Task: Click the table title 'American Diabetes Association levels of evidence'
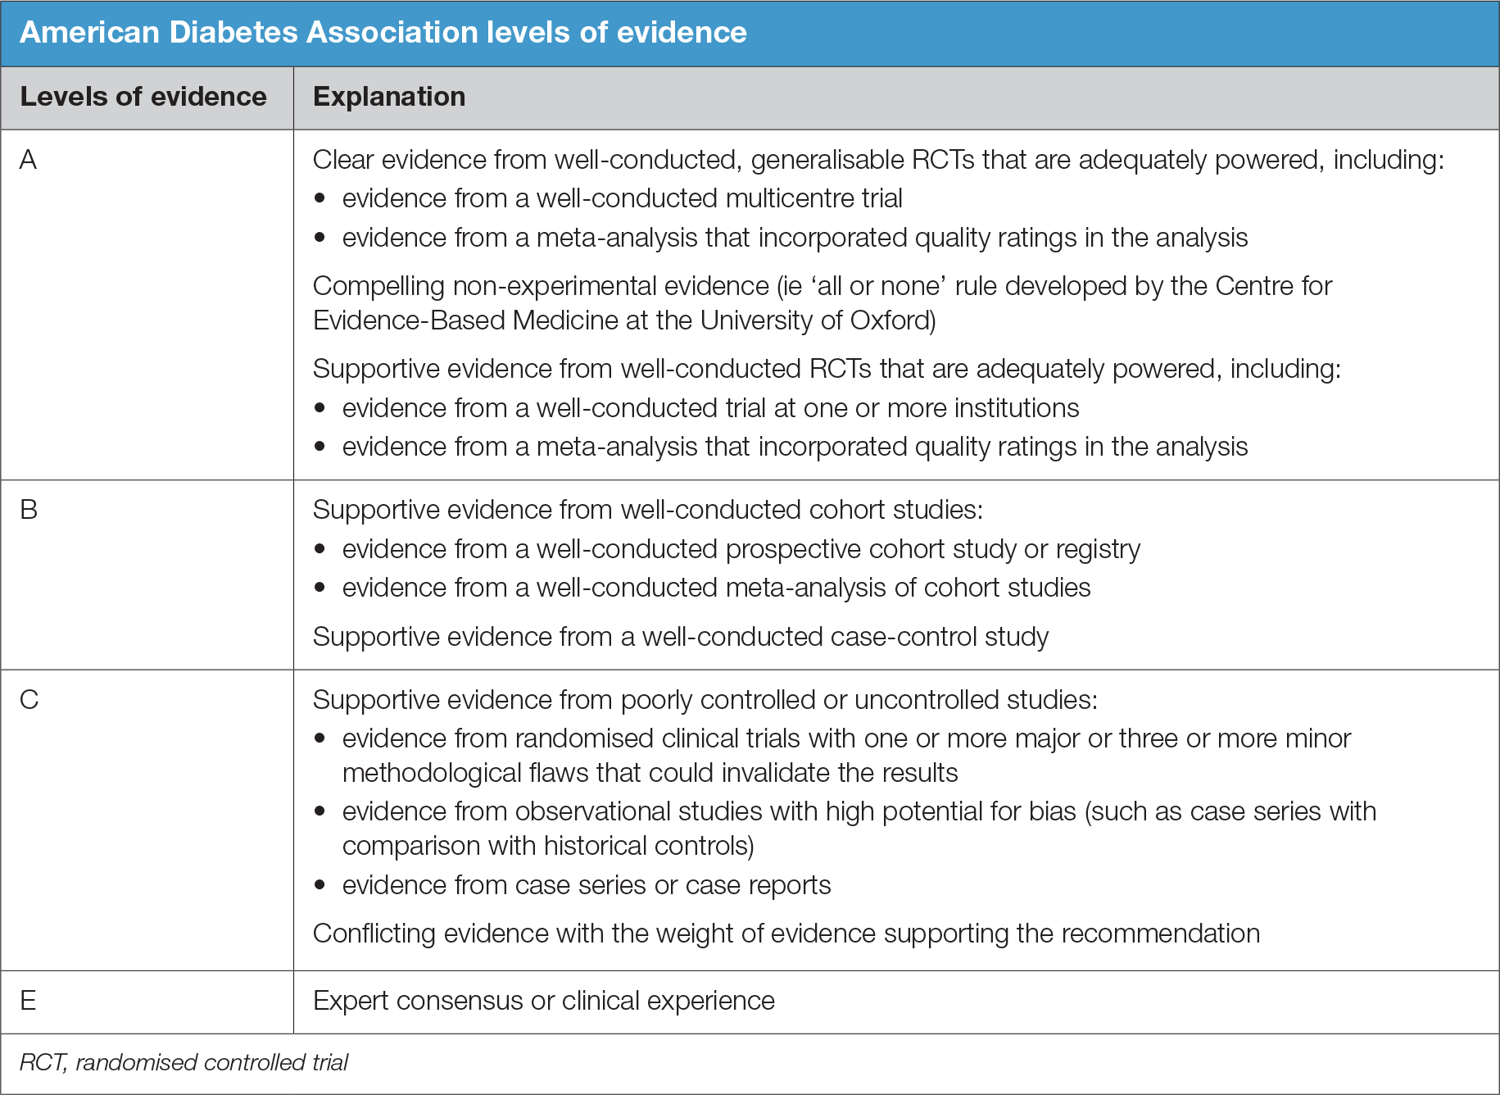click(x=383, y=33)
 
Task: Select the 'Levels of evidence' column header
click(x=143, y=97)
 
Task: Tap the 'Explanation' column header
click(x=389, y=97)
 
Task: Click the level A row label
click(x=28, y=160)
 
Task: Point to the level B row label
click(x=28, y=510)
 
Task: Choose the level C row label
click(x=29, y=700)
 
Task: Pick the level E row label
click(x=28, y=1001)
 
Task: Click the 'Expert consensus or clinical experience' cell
click(x=543, y=1001)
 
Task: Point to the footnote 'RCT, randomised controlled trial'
click(x=184, y=1063)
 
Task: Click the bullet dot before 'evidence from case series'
click(x=320, y=885)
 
